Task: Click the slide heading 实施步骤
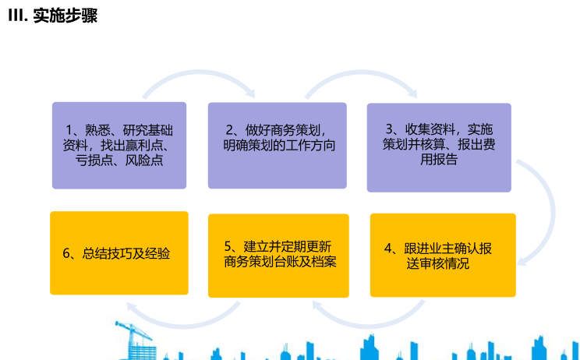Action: click(x=65, y=16)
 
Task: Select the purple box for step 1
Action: click(x=119, y=146)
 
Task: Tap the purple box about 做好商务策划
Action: click(x=277, y=146)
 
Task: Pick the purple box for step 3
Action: click(x=439, y=147)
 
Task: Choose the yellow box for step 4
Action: click(x=443, y=255)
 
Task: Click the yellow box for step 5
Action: click(x=278, y=256)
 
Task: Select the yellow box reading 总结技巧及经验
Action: click(x=119, y=253)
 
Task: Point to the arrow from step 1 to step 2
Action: click(x=200, y=72)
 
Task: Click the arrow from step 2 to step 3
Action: click(x=361, y=72)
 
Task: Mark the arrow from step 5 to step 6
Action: click(x=183, y=324)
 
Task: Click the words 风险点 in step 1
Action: click(x=144, y=161)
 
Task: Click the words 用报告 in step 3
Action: click(x=439, y=159)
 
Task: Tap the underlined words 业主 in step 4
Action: click(x=442, y=249)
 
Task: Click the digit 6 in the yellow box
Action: click(x=66, y=253)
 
